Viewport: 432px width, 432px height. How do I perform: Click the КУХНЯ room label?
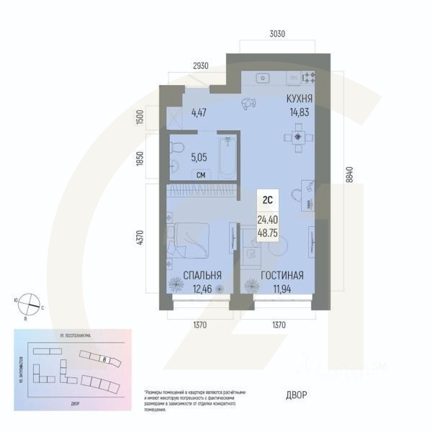pyautogui.click(x=299, y=99)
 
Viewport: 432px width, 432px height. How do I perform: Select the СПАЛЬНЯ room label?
pyautogui.click(x=202, y=275)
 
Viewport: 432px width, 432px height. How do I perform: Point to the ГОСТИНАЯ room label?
pyautogui.click(x=282, y=275)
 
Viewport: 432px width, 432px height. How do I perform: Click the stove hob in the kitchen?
pyautogui.click(x=310, y=76)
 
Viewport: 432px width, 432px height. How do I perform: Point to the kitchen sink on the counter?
pyautogui.click(x=264, y=76)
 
